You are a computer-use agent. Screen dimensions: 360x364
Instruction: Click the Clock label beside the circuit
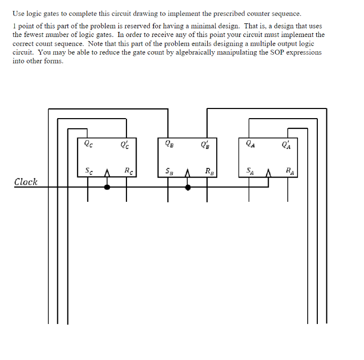tap(25, 182)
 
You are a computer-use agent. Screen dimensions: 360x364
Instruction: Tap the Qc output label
tap(89, 143)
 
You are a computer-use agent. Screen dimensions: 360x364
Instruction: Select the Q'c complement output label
tap(124, 144)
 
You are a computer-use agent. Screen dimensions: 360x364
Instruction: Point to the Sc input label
tap(89, 170)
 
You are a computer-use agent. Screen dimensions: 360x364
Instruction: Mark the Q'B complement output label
tap(205, 144)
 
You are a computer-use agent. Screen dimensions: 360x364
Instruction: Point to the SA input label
tap(250, 171)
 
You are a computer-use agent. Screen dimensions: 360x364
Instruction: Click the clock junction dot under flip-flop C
tap(107, 187)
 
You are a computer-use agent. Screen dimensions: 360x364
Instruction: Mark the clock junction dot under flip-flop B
tap(188, 187)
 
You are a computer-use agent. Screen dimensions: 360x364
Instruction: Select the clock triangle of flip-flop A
tap(269, 175)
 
